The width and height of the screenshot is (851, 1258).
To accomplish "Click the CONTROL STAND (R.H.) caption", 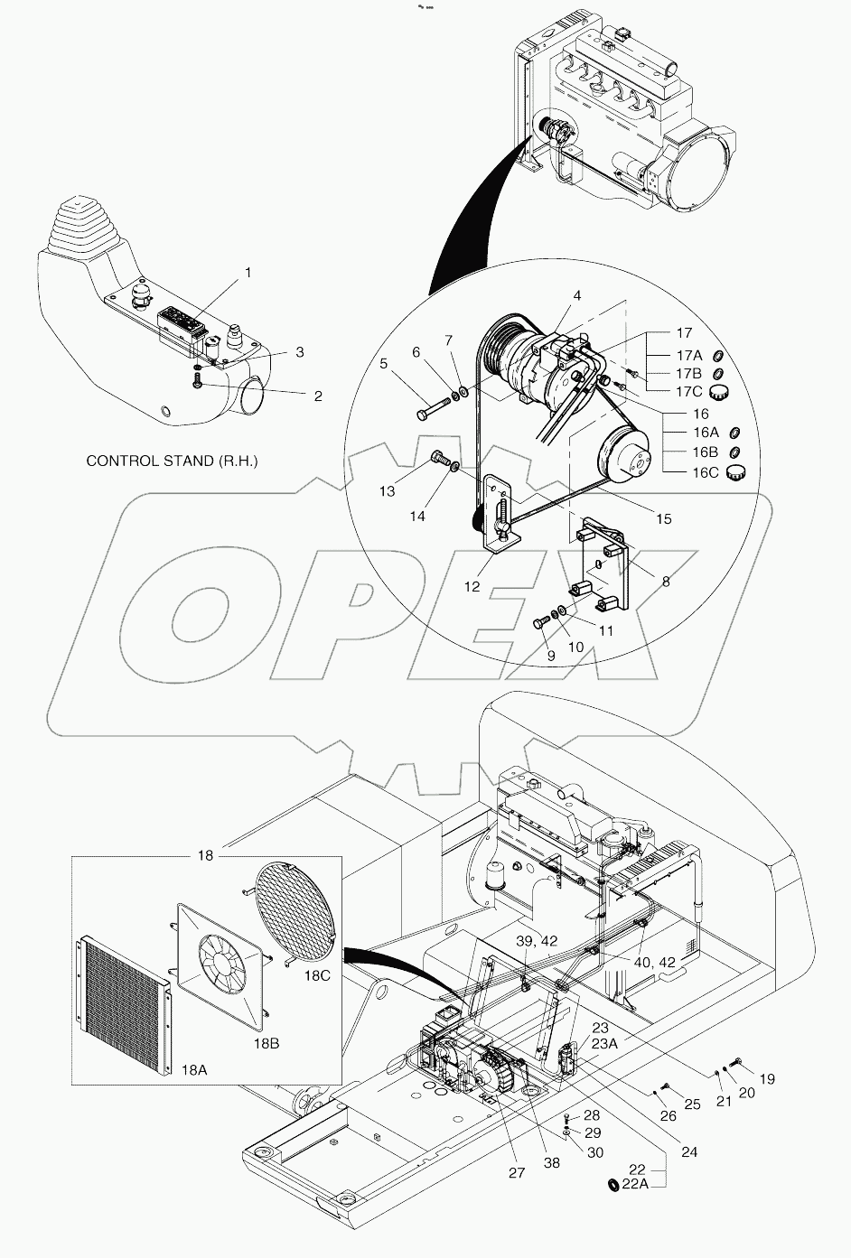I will (172, 461).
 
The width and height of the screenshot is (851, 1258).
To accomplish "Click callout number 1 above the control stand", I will (248, 272).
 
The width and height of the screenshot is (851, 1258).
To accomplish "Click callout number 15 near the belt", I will (664, 519).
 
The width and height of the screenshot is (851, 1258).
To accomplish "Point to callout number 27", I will (516, 1173).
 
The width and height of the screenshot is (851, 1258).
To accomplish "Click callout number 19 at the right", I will (766, 1078).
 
